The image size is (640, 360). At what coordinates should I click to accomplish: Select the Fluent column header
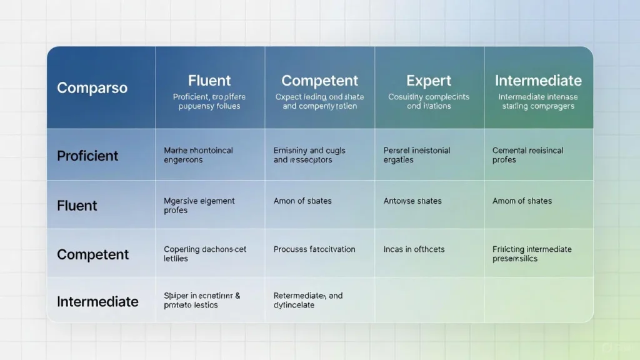point(209,81)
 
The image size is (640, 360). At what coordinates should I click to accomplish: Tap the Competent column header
point(319,81)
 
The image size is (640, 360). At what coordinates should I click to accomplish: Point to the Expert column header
point(428,81)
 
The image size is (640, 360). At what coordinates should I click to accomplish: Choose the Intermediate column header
point(538,81)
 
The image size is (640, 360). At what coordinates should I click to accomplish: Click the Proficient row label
point(87,156)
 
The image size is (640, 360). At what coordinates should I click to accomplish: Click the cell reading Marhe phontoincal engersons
point(199,155)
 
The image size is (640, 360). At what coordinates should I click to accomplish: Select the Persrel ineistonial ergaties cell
point(416,155)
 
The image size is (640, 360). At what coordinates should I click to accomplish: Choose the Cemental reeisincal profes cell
point(527,155)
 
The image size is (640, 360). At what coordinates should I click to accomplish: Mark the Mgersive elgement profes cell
point(199,206)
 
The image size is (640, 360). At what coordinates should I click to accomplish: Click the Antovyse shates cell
point(412,201)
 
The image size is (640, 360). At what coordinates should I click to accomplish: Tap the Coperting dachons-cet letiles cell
point(205,254)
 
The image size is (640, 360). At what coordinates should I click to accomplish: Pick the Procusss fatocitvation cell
point(314,249)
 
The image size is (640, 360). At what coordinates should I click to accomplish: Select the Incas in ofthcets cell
point(414,249)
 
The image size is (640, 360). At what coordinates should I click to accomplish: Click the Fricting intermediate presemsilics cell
point(532,254)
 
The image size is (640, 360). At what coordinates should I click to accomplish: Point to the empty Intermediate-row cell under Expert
point(429,300)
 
